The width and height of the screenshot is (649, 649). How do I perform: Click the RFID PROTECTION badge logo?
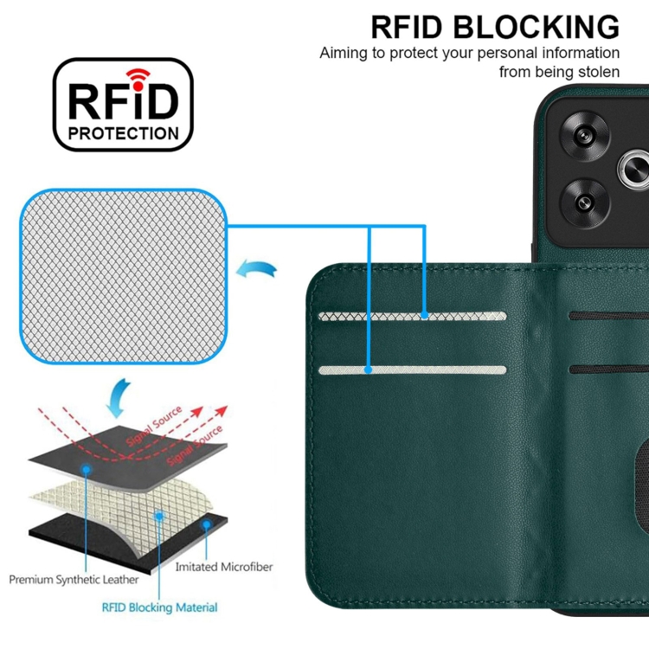coord(123,105)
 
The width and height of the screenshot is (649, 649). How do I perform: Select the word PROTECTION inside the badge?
coord(123,133)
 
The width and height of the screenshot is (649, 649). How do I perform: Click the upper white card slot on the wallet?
coord(412,317)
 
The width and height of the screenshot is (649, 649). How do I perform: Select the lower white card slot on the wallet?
coord(412,370)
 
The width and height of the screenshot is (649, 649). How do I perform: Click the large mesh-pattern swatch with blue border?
coord(125,277)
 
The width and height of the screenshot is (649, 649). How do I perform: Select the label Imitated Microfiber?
coord(224,567)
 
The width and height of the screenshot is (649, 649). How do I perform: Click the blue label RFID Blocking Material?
coord(159,608)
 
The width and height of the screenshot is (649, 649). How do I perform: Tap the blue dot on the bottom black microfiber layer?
coord(206,524)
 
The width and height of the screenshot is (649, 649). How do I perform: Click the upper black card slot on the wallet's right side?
coord(609,317)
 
